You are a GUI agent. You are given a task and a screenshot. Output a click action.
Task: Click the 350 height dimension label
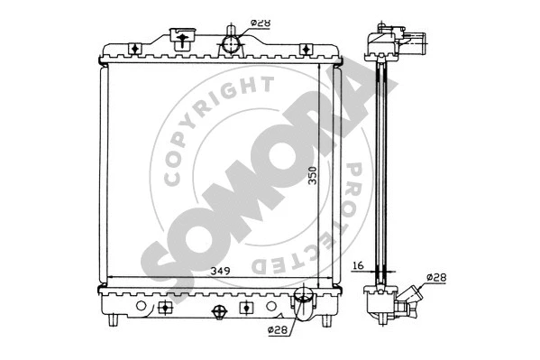[312, 175]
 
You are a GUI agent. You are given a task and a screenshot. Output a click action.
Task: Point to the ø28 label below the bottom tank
[278, 330]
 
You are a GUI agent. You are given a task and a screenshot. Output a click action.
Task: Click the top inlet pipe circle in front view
[233, 42]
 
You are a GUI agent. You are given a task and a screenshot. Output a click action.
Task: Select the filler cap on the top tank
[183, 38]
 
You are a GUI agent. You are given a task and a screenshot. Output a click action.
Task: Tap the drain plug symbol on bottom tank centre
[217, 311]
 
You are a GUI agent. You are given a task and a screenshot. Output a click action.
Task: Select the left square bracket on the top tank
[134, 48]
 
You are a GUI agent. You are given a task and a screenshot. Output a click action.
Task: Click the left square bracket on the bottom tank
[165, 307]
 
